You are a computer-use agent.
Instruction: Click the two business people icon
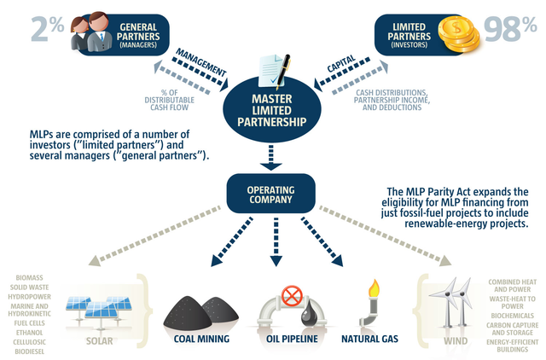click(x=89, y=30)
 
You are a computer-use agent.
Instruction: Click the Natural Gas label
click(x=369, y=340)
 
